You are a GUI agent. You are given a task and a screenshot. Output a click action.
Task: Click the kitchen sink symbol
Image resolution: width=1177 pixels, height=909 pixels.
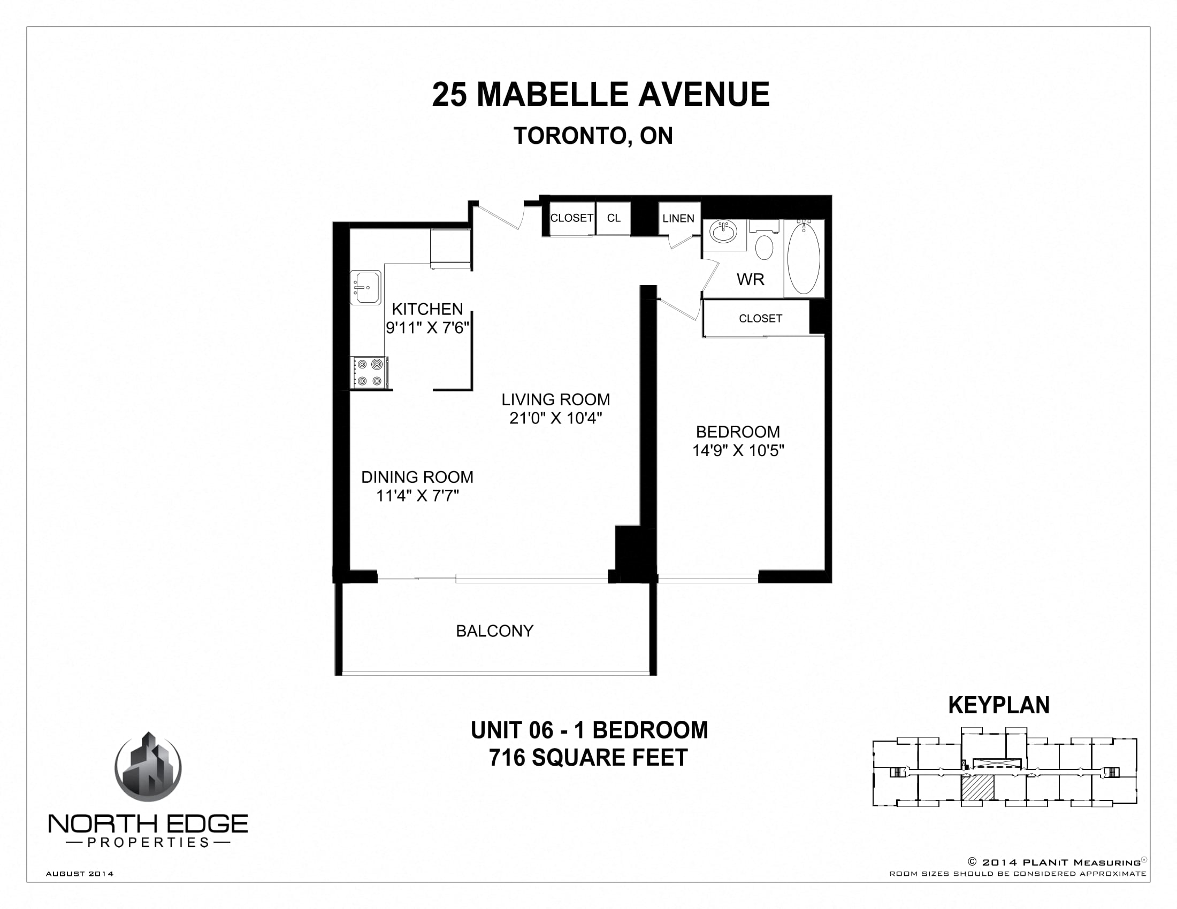366,288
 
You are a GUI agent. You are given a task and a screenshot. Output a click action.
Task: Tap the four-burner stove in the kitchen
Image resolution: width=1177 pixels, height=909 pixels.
369,372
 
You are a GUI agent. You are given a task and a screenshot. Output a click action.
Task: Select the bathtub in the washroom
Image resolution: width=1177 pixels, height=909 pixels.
804,258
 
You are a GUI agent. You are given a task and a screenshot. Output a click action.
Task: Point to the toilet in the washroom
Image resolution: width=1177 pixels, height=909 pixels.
764,247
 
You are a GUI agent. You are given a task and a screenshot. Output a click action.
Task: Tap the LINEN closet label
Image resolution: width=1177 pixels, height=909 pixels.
678,219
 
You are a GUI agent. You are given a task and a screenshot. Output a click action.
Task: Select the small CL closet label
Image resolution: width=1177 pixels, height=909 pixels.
613,218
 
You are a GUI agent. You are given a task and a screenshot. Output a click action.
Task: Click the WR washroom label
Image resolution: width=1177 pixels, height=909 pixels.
750,279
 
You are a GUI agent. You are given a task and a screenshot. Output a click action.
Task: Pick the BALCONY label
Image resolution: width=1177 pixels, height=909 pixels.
494,630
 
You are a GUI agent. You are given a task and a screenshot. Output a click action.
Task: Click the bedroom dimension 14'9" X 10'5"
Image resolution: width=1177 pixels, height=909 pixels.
738,450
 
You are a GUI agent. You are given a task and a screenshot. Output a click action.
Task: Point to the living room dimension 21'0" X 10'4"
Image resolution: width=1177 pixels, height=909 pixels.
555,418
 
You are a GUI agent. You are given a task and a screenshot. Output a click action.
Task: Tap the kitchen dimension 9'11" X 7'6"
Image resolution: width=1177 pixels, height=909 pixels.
427,327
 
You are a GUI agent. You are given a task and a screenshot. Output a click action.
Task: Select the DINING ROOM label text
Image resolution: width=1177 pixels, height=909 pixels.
417,477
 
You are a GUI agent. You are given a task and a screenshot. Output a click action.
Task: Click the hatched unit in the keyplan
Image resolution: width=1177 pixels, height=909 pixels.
977,788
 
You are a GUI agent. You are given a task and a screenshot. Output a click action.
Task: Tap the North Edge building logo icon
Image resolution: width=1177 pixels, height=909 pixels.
148,767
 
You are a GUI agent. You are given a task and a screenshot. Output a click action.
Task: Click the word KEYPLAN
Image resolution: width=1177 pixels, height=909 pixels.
998,705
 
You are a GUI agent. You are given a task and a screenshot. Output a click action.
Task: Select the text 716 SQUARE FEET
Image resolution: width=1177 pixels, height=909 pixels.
588,757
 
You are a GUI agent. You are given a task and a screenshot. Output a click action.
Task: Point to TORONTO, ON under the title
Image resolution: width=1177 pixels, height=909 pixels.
593,136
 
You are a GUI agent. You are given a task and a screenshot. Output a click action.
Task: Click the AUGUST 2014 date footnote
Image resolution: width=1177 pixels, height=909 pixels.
80,874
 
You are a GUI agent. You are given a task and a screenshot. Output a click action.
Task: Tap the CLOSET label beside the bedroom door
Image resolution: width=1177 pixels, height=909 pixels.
760,319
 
